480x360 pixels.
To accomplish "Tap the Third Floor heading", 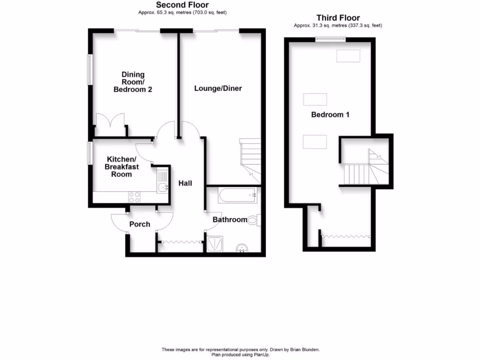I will click(x=337, y=18).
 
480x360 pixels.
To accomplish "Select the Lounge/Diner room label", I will click(x=218, y=88).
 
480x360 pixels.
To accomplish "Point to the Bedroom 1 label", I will click(x=330, y=114).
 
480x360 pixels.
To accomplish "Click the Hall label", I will click(x=185, y=183).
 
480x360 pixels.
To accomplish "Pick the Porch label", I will click(x=140, y=224).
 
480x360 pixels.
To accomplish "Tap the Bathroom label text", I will click(x=230, y=219).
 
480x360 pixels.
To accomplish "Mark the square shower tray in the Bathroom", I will click(x=215, y=244).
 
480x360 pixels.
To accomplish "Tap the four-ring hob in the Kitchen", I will click(x=135, y=197).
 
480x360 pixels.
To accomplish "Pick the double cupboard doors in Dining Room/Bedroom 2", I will click(x=111, y=124).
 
